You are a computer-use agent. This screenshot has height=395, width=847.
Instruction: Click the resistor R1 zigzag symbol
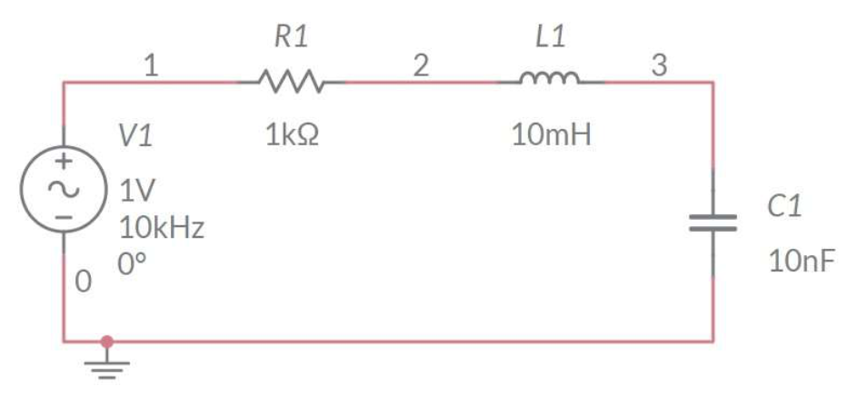(x=291, y=82)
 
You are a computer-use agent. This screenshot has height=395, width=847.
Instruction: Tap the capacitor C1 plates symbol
(x=712, y=222)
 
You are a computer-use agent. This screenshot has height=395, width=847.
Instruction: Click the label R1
(x=291, y=37)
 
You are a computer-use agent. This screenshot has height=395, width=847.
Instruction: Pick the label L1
(x=551, y=37)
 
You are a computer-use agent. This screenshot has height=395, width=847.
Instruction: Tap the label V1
(x=135, y=136)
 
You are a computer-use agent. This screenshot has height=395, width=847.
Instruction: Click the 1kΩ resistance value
(x=292, y=136)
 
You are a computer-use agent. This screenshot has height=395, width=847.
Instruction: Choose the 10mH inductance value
(x=551, y=136)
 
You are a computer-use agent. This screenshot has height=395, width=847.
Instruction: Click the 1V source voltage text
(x=137, y=191)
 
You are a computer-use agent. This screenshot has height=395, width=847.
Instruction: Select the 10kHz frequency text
(x=162, y=227)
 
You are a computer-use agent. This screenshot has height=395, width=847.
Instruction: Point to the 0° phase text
(x=132, y=264)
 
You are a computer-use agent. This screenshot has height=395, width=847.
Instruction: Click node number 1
(x=152, y=65)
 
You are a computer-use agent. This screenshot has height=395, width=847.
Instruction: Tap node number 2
(x=421, y=65)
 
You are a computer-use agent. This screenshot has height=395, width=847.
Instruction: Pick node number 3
(x=659, y=65)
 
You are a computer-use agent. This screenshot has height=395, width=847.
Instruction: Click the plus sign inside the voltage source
(x=64, y=163)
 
